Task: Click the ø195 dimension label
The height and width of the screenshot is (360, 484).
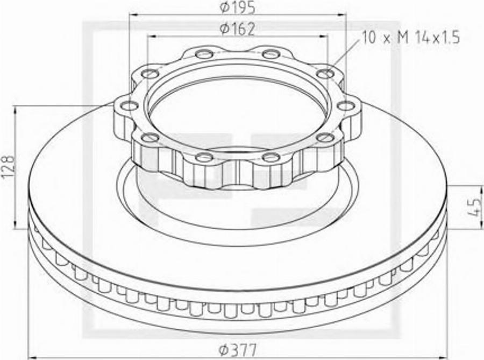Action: click(x=237, y=7)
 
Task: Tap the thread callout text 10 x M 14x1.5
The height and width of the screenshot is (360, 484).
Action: click(x=411, y=37)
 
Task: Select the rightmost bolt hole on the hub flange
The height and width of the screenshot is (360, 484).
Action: click(x=346, y=106)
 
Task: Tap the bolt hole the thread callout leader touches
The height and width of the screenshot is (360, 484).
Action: click(x=325, y=74)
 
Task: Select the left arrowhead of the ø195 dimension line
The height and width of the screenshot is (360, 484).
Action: click(x=133, y=15)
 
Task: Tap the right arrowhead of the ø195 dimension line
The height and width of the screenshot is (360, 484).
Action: click(x=343, y=15)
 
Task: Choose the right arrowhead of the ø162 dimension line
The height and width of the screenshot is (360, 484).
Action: click(x=324, y=37)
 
